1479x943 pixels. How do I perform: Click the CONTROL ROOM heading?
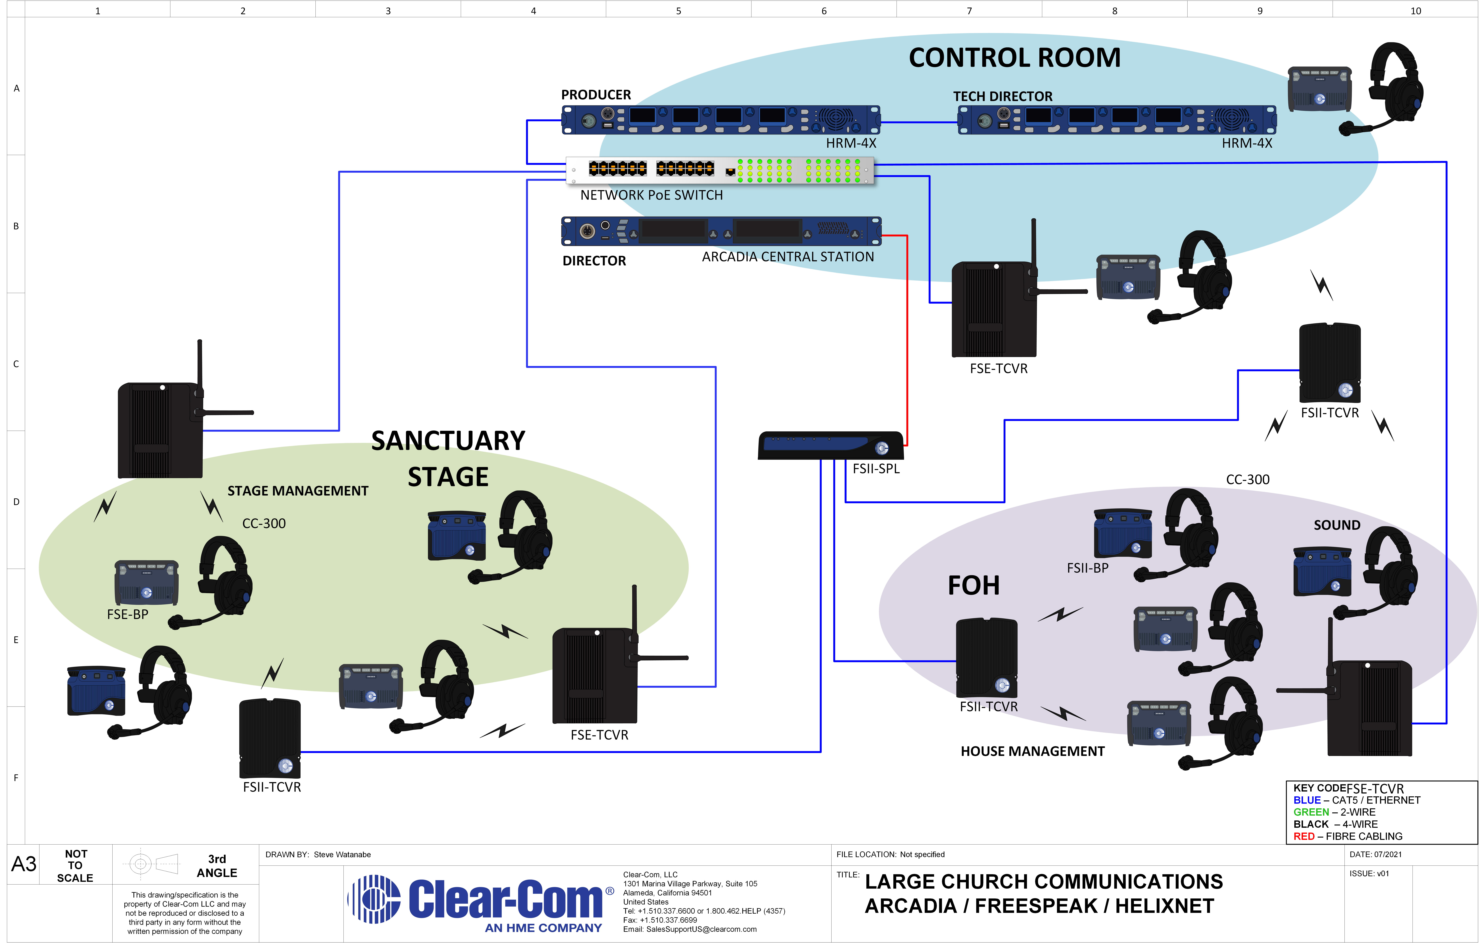click(1015, 58)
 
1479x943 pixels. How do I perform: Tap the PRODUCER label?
click(596, 95)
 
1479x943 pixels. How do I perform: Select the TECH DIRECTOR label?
click(1002, 96)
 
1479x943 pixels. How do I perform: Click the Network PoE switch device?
click(720, 170)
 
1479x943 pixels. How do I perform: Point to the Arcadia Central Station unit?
click(721, 231)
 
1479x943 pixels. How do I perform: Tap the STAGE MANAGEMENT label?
click(298, 491)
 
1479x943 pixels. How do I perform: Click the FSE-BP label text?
click(128, 614)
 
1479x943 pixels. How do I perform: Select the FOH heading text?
click(973, 585)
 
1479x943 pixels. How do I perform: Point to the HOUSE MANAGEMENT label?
click(1032, 751)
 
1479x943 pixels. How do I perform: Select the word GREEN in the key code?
click(1311, 812)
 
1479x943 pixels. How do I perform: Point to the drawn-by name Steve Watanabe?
click(342, 855)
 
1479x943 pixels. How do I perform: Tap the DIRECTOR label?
click(594, 261)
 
